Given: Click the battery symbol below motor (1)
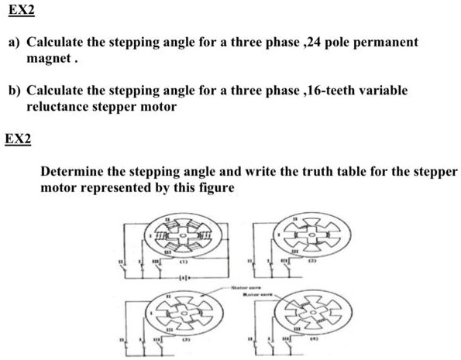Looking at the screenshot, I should tap(184, 277).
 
